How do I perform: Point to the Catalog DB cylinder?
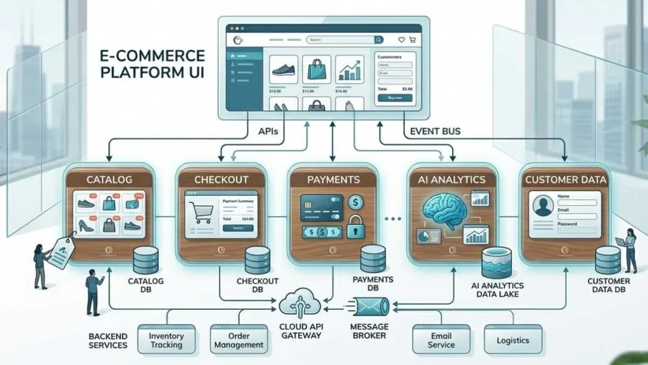pyautogui.click(x=146, y=260)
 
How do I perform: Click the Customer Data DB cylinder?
pyautogui.click(x=607, y=260)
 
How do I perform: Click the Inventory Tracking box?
pyautogui.click(x=166, y=340)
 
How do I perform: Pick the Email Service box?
pyautogui.click(x=441, y=340)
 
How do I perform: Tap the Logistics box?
pyautogui.click(x=513, y=340)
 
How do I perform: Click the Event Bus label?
pyautogui.click(x=435, y=131)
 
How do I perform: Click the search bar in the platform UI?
pyautogui.click(x=345, y=39)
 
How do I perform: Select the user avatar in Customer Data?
pyautogui.click(x=543, y=207)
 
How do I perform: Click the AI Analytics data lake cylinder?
pyautogui.click(x=496, y=262)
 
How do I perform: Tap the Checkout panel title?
pyautogui.click(x=221, y=179)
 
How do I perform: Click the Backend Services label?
pyautogui.click(x=109, y=340)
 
